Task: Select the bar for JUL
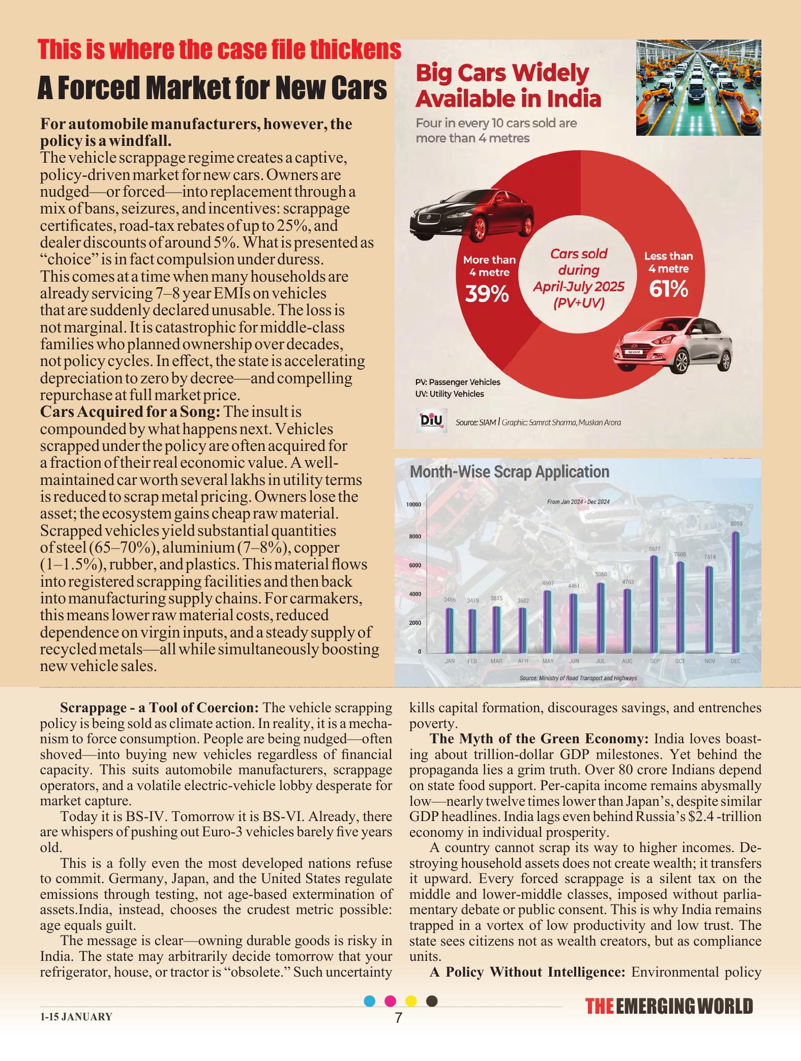[601, 618]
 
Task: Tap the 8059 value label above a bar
[736, 524]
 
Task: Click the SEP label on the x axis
[655, 661]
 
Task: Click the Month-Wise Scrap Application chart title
[509, 472]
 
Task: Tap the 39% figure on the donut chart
[487, 294]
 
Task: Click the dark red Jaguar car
[471, 216]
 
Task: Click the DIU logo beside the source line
[431, 420]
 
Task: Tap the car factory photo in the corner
[698, 88]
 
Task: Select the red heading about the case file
[219, 50]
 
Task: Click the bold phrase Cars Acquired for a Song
[130, 412]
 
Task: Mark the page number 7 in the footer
[399, 1018]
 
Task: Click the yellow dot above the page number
[411, 1001]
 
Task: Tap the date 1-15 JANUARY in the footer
[76, 1017]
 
